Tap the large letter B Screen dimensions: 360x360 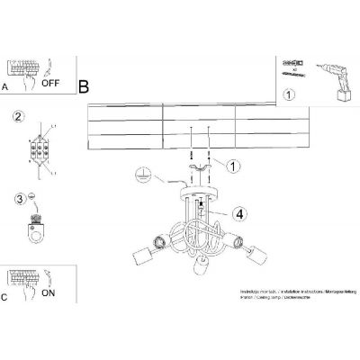click(84, 87)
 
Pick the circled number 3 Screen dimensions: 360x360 click(16, 200)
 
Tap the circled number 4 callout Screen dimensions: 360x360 click(237, 214)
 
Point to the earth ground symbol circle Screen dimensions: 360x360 click(139, 175)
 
